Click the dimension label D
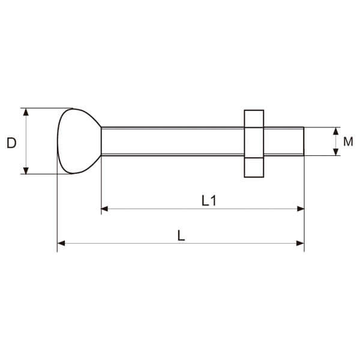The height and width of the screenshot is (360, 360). pos(11,143)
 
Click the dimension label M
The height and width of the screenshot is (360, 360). pos(348,142)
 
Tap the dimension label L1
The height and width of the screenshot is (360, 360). pos(209,200)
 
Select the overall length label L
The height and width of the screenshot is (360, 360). pos(181,236)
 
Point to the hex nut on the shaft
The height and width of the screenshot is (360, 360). pos(254,144)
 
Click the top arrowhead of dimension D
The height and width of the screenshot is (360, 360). pos(26,112)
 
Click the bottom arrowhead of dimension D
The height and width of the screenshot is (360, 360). pos(26,170)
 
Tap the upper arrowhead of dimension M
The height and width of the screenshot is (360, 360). pos(336,131)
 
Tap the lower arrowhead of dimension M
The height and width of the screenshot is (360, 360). pos(336,152)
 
